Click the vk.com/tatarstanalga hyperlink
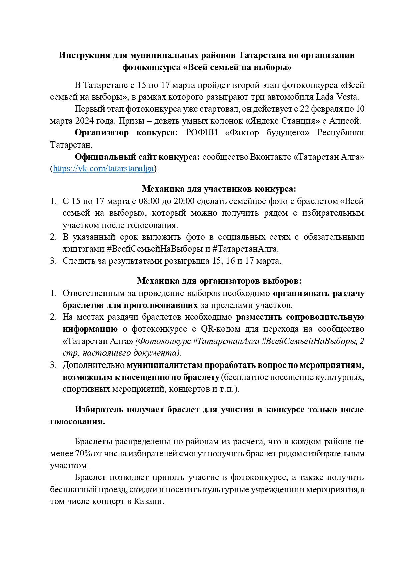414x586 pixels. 103,169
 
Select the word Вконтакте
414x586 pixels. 270,157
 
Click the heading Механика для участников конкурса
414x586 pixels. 219,189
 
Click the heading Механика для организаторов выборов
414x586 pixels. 219,281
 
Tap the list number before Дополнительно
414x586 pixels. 53,365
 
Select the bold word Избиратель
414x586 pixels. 99,410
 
